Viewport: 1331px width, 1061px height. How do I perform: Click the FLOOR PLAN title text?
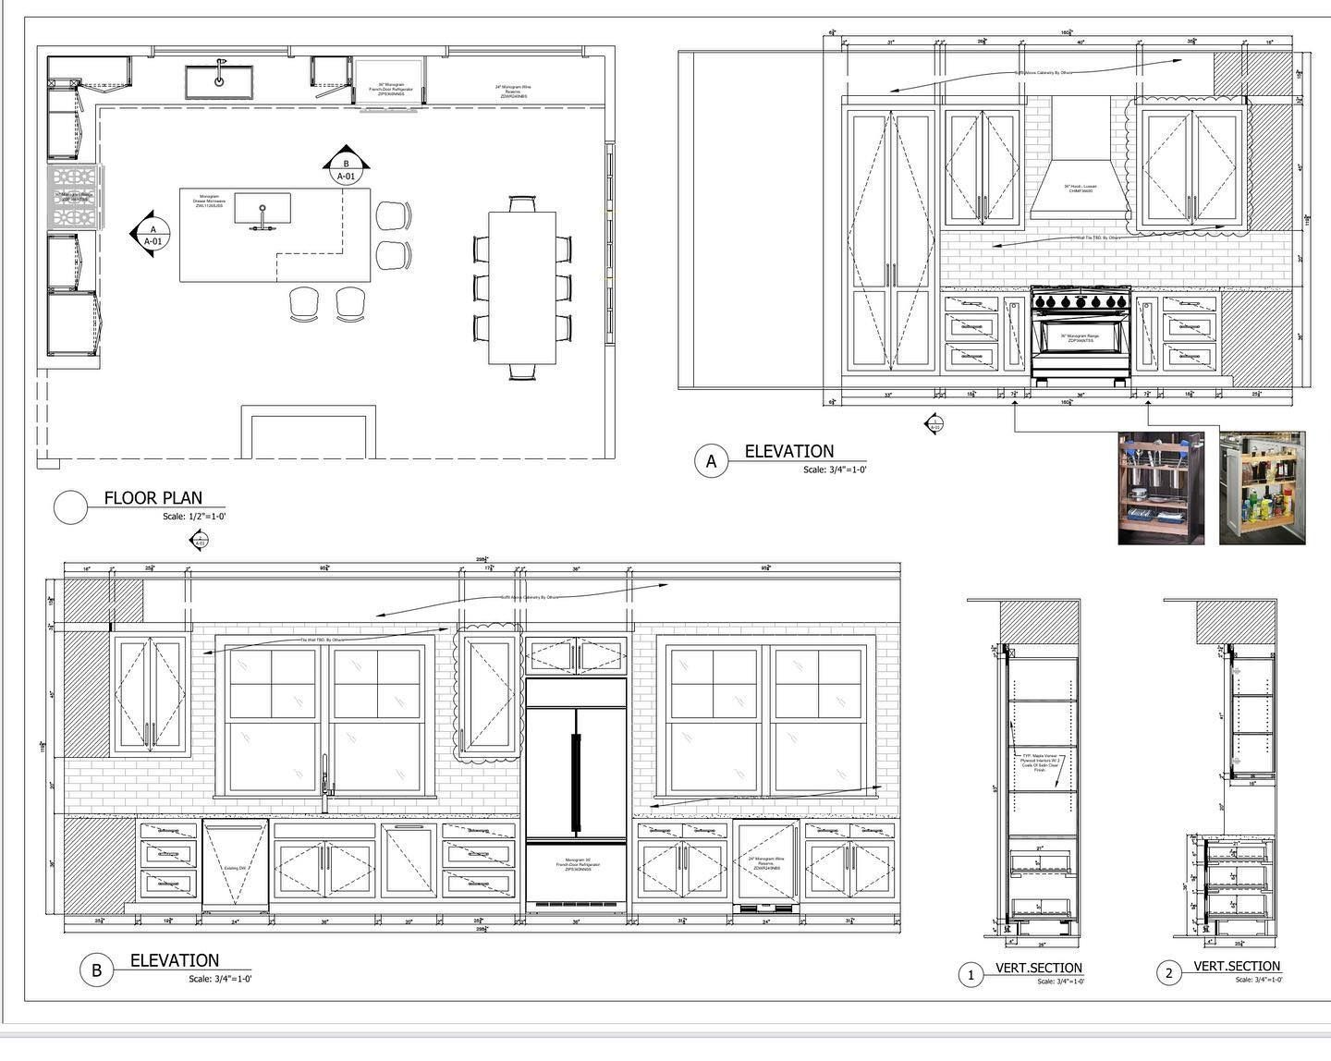(x=153, y=498)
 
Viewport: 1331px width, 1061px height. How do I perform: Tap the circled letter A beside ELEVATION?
(x=711, y=461)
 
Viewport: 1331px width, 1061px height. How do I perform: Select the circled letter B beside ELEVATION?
(x=95, y=970)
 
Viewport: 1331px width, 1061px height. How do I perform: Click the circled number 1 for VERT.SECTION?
(x=971, y=975)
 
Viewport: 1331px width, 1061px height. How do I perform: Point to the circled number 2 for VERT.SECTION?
(x=1169, y=973)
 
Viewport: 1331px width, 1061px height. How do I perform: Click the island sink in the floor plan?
(x=262, y=209)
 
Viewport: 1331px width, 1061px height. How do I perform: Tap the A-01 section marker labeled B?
(x=345, y=166)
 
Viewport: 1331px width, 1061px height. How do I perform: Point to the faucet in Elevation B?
(x=324, y=782)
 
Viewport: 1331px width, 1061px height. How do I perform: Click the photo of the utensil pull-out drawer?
(x=1161, y=487)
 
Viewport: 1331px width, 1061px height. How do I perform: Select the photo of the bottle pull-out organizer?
(x=1262, y=487)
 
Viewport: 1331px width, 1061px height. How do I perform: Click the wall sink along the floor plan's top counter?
(x=219, y=80)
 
